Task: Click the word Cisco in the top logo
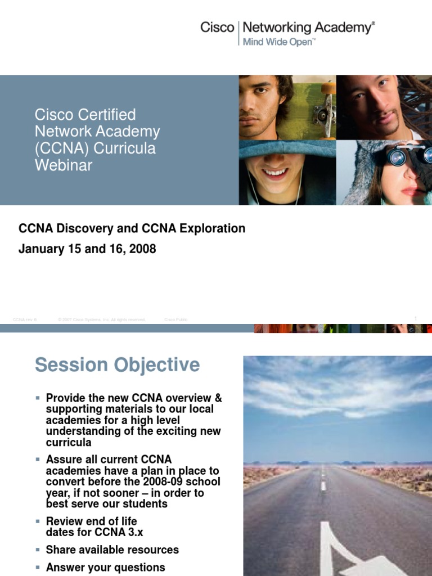217,28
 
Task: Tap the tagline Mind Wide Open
277,42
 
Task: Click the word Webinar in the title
63,165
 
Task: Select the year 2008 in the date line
142,249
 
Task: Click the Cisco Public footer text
175,319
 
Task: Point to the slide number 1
416,319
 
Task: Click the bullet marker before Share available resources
38,549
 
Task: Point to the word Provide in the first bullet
67,398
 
